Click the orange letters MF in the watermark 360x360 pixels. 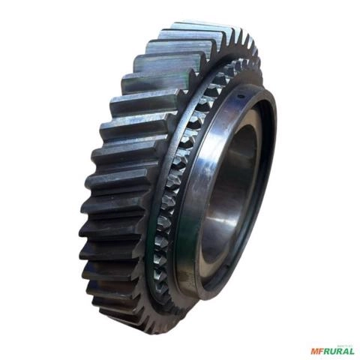coord(316,350)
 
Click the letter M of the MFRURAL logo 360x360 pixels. coord(314,350)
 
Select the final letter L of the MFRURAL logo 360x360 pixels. coord(352,350)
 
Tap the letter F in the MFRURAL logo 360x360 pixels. coord(320,350)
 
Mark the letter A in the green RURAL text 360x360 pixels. coord(346,350)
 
